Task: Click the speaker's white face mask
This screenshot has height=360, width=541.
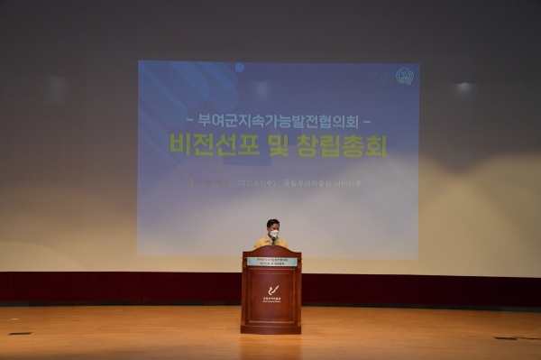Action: (x=273, y=235)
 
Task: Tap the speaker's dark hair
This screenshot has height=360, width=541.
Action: (x=273, y=223)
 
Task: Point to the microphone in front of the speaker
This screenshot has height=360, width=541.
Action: (x=272, y=242)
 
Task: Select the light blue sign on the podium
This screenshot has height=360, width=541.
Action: (x=271, y=262)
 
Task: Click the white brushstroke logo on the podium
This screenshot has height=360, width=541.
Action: (x=271, y=291)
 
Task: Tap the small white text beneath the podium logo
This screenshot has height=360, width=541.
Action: (x=271, y=300)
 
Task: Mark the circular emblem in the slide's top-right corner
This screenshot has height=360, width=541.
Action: (x=404, y=77)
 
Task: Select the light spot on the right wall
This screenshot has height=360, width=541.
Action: (x=464, y=88)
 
